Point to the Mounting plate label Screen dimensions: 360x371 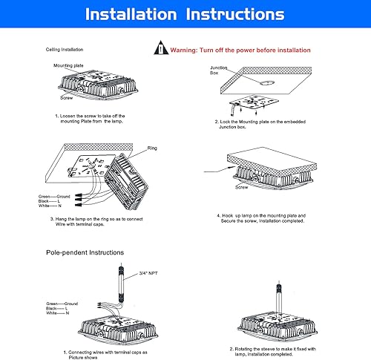(69, 65)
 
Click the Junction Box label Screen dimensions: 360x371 (220, 71)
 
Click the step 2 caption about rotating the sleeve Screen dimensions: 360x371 (274, 349)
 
